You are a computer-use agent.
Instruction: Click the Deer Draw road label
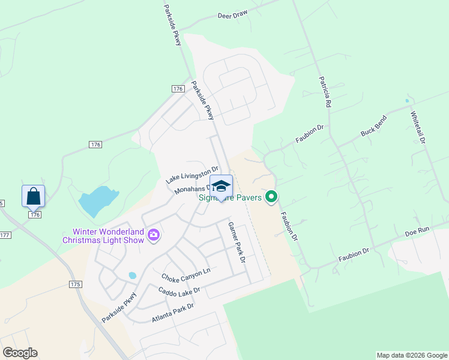pos(233,13)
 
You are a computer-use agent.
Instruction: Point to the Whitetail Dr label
pos(418,127)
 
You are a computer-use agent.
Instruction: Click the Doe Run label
pos(418,231)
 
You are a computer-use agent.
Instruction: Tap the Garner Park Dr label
pos(237,242)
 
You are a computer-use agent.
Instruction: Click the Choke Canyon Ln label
pos(186,275)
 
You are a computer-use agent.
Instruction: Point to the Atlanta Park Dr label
pos(173,313)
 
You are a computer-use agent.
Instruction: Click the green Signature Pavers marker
pos(272,196)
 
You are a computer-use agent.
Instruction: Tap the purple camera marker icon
pos(154,235)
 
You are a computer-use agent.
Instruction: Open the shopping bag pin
pos(33,196)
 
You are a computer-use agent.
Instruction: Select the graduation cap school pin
pos(221,186)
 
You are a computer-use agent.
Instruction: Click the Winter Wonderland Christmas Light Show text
pos(104,236)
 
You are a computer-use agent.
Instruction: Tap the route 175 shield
pos(75,284)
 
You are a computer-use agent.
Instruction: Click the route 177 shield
pos(4,235)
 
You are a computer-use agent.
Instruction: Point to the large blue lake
pos(95,201)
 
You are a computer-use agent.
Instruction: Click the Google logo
pos(20,353)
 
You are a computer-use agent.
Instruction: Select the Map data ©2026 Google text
pos(411,355)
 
